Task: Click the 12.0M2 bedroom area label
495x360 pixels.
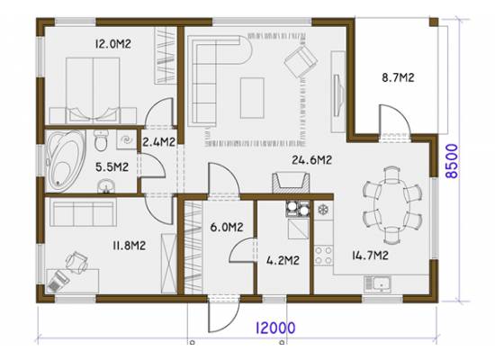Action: coord(113,44)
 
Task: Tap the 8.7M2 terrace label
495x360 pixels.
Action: coord(398,77)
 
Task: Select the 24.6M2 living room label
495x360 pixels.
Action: coord(311,160)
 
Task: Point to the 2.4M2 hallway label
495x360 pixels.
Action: coord(158,142)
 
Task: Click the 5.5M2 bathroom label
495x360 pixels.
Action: coord(112,167)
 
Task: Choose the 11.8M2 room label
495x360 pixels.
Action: coord(129,246)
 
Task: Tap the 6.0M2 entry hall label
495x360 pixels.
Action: coord(227,227)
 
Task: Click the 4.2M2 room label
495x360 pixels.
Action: coord(283,260)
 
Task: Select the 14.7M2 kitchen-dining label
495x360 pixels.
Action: coord(370,256)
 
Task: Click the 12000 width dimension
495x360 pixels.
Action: coord(275,328)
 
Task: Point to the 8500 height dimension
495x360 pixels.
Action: coord(452,161)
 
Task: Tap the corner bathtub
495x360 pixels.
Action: coord(67,161)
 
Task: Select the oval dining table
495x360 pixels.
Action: coord(392,205)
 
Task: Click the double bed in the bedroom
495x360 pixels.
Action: coord(93,91)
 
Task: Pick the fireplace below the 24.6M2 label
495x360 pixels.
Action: coord(291,183)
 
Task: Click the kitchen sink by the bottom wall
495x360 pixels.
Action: coord(378,284)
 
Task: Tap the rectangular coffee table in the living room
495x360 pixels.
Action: coord(252,98)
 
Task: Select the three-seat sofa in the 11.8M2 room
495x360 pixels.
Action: coord(84,211)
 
